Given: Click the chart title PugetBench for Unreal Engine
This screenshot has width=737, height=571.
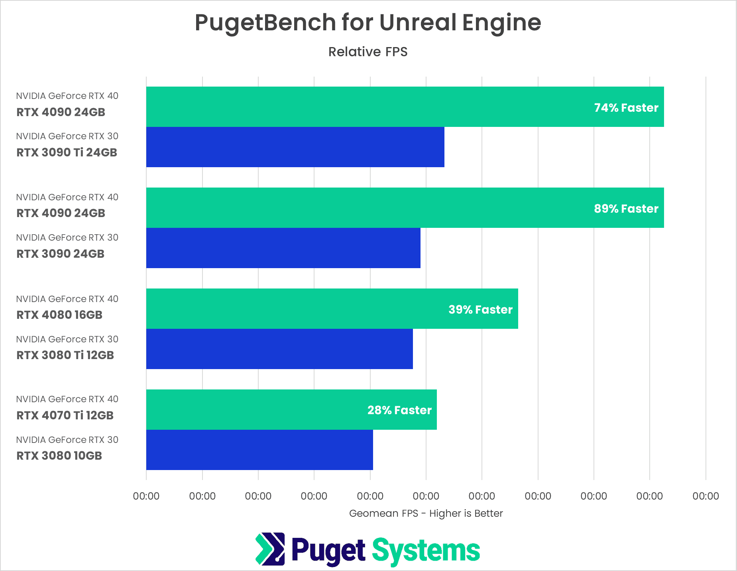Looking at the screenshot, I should (368, 22).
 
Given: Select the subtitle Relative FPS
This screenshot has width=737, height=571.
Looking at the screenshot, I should (368, 52).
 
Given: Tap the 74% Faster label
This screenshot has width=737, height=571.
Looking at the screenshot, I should (626, 108).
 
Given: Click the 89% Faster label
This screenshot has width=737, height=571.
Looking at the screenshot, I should (626, 209).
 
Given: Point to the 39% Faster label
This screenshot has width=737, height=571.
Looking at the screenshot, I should (480, 310).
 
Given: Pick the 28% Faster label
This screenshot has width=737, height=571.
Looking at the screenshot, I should (399, 410).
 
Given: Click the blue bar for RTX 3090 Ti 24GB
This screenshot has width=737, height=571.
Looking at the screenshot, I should (295, 147).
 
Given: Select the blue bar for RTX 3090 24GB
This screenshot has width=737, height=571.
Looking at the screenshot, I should (283, 248).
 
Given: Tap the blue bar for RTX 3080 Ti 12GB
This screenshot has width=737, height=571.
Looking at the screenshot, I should (279, 349).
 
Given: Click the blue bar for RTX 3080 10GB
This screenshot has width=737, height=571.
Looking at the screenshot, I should (259, 450).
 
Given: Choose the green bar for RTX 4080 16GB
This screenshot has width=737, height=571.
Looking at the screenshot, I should (295, 308).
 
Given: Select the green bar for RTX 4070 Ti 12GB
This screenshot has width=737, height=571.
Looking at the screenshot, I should (255, 409).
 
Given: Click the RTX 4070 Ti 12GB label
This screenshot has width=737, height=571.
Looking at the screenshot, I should (65, 415).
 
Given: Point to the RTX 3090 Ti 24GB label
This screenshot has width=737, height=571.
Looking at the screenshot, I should (67, 152).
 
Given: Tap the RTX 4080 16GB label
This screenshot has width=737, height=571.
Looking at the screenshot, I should (59, 315).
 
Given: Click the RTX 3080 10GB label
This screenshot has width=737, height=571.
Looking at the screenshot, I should (59, 456).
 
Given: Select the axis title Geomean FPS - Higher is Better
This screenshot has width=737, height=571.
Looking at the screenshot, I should (426, 513).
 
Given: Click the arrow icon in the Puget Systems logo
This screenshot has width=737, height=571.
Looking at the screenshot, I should (270, 549).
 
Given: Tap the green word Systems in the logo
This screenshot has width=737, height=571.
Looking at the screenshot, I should (426, 551).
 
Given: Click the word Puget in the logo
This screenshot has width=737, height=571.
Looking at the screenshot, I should (328, 551).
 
